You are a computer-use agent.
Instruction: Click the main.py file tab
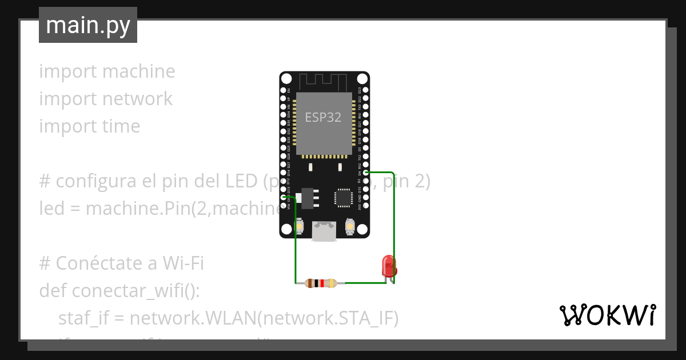tap(88, 25)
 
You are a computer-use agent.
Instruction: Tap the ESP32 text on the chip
tap(323, 117)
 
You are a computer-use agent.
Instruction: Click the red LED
tap(389, 266)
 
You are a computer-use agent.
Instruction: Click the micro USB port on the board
tap(324, 231)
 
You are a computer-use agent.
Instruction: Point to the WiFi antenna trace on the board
tap(324, 81)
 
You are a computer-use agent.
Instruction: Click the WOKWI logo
tap(607, 315)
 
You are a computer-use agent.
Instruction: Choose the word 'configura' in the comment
tap(96, 182)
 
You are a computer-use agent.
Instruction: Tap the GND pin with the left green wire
tap(284, 197)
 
